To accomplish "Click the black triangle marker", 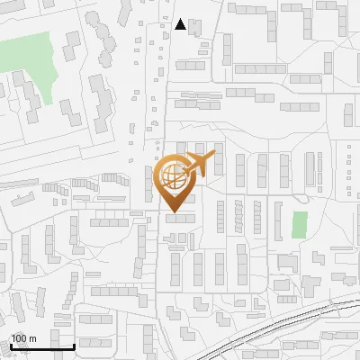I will [x=181, y=25].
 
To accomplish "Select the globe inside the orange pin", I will [x=172, y=176].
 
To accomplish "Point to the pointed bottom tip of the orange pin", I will [x=173, y=212].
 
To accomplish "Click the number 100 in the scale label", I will [x=19, y=337].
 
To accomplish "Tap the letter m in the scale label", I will [x=32, y=337].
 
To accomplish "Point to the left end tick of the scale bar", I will [x=11, y=344].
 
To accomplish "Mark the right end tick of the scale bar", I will [x=74, y=344].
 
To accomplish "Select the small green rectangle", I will [x=300, y=224].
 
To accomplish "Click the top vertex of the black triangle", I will [x=181, y=20].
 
